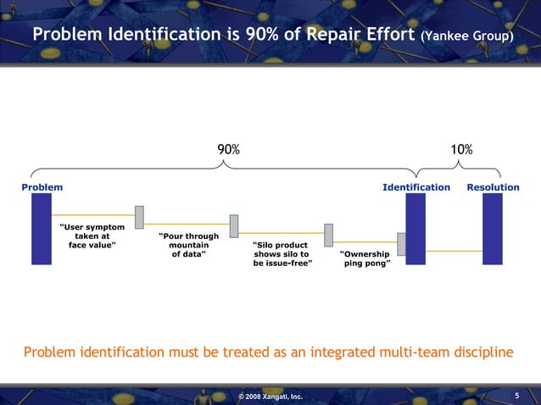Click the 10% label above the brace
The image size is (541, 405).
point(461,150)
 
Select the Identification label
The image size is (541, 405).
point(416,186)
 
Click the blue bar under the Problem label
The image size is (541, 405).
point(42,229)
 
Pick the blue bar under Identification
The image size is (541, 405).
point(416,229)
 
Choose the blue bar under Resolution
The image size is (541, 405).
point(492,229)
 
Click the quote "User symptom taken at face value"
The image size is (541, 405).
point(92,236)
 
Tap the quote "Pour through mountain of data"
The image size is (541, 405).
point(189,245)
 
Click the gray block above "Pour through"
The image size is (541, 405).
point(139,217)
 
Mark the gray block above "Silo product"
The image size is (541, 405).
point(234,225)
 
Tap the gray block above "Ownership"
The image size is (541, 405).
point(328,235)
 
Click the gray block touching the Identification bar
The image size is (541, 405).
point(402,243)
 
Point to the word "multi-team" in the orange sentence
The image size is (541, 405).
point(386,352)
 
